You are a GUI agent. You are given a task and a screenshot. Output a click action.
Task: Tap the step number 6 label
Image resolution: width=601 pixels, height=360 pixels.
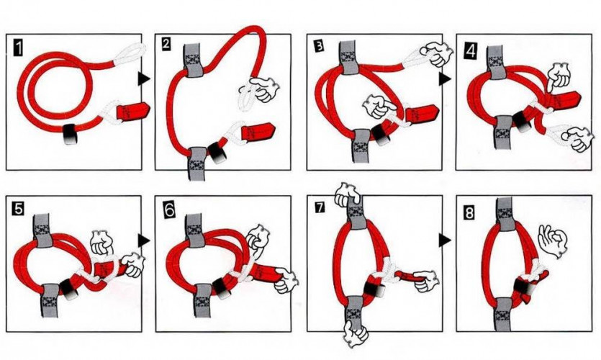pos(168,210)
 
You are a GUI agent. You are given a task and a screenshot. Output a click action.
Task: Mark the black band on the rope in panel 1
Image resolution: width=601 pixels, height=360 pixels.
pos(71,132)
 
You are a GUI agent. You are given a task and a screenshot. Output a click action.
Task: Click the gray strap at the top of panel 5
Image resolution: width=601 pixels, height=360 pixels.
pos(43,225)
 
